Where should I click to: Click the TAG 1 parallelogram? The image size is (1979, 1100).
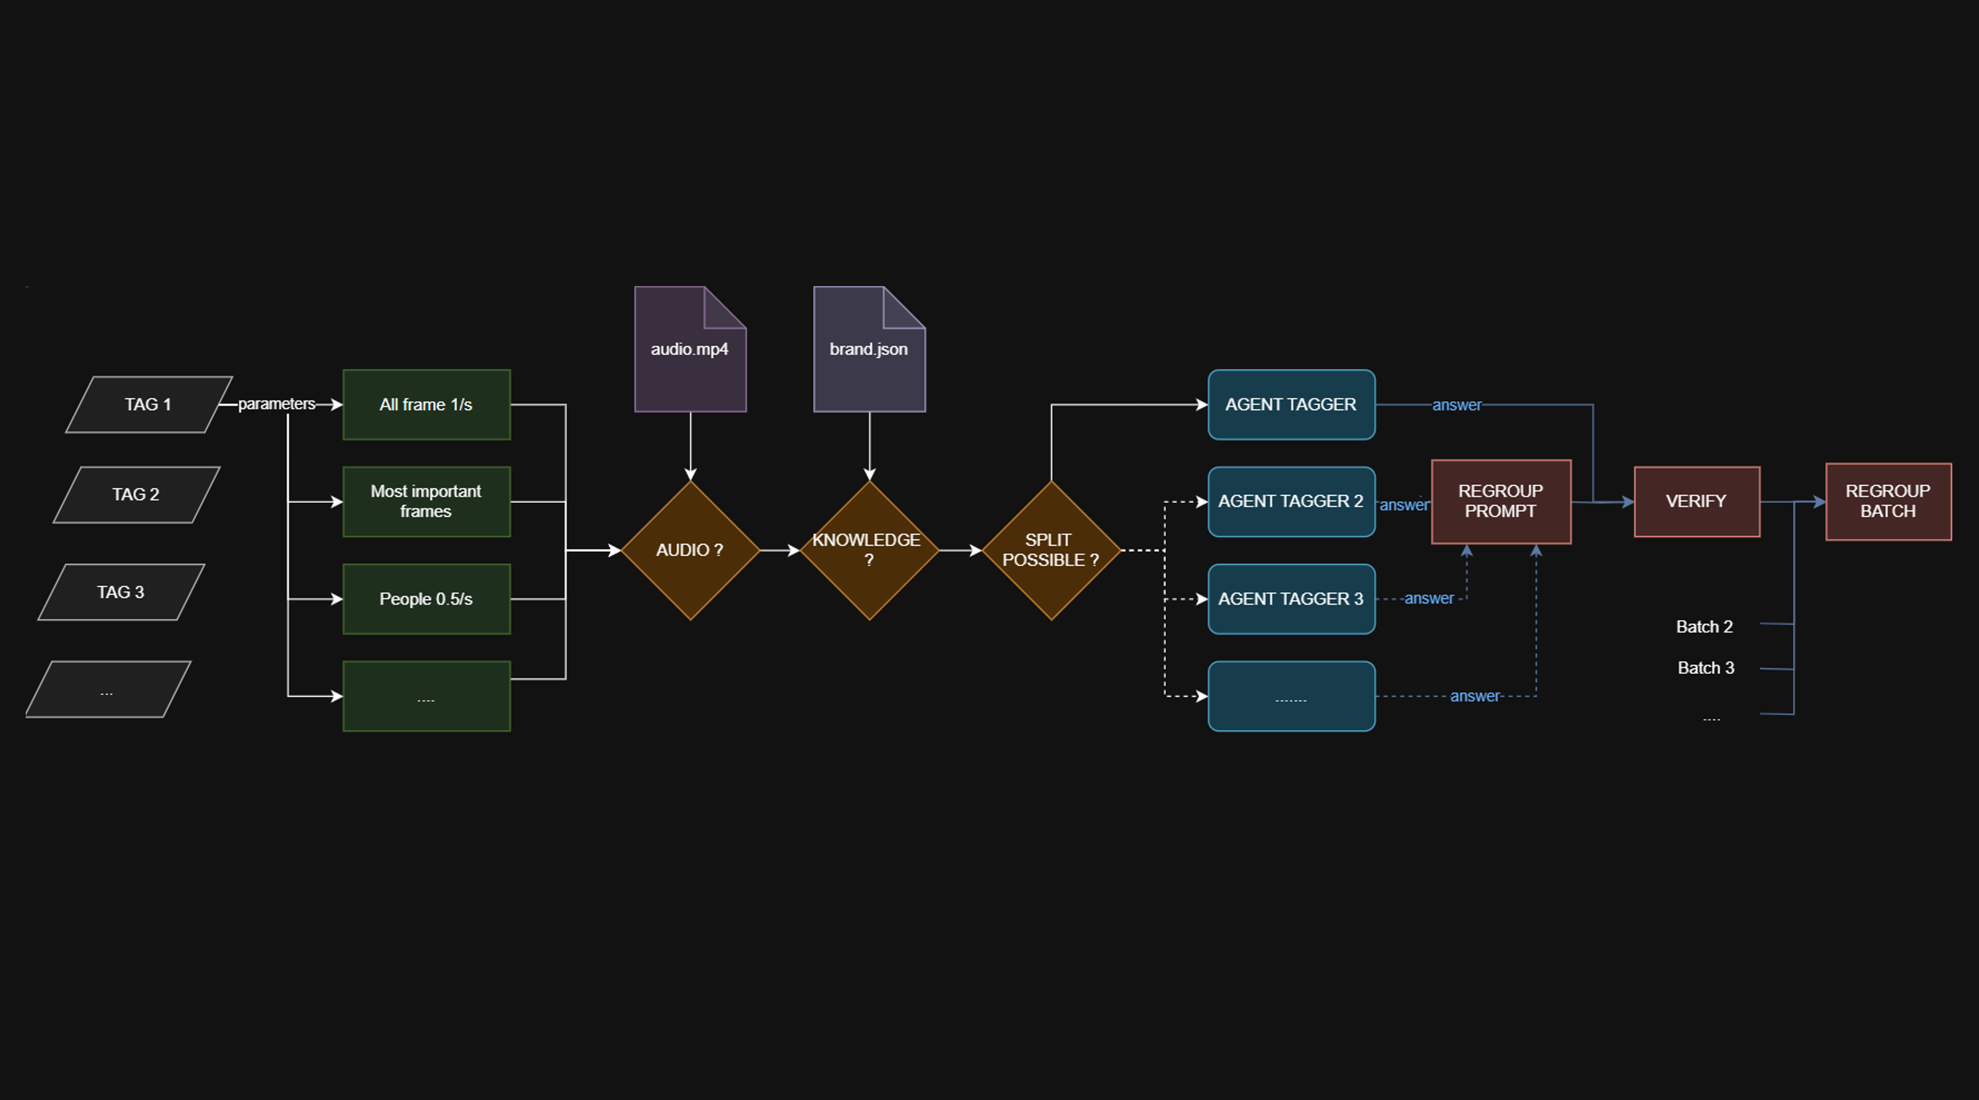click(148, 404)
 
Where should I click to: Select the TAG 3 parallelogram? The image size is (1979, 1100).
click(121, 592)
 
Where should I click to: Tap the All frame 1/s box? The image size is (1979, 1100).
click(427, 404)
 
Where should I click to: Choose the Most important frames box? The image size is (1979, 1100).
click(427, 501)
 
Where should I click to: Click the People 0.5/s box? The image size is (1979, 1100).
click(427, 599)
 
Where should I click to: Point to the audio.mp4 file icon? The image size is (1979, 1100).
click(690, 350)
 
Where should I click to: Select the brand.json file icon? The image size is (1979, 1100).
click(869, 350)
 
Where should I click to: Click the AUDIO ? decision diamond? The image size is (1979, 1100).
click(690, 550)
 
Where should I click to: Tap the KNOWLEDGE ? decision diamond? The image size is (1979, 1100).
click(869, 550)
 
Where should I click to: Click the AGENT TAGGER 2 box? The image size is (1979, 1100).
click(1291, 501)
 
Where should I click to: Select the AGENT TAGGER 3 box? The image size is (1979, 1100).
click(1291, 599)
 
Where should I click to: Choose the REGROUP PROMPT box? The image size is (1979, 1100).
click(1501, 501)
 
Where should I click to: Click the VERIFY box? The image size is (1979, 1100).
click(1696, 501)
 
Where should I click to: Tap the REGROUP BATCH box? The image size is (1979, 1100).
click(1888, 501)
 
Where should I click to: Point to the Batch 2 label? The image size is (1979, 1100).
click(1704, 626)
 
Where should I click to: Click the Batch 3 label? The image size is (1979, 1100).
click(1705, 668)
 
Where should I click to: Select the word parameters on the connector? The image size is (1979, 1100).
click(276, 404)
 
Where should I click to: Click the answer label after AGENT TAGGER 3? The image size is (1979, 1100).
click(1429, 599)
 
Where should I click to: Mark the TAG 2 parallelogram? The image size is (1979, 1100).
click(136, 494)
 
